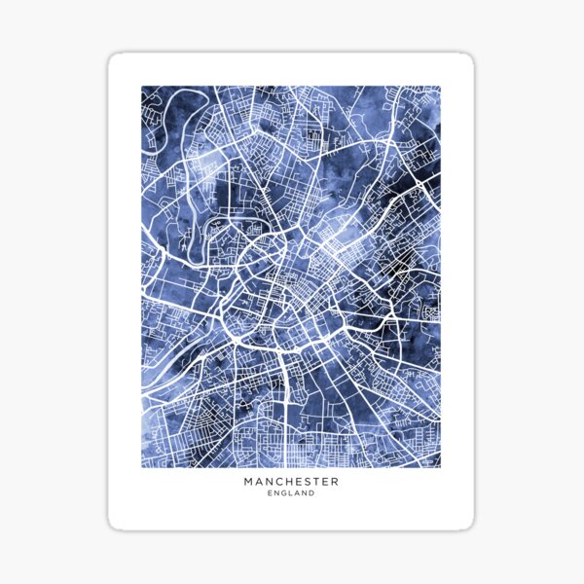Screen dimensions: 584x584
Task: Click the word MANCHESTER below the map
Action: (x=291, y=481)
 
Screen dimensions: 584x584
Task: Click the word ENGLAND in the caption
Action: (x=291, y=493)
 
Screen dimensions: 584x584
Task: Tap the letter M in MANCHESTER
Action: (x=250, y=481)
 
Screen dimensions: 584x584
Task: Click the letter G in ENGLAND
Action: (x=283, y=493)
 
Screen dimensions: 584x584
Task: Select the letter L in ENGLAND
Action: (x=291, y=493)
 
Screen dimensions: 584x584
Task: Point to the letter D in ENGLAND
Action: (x=313, y=493)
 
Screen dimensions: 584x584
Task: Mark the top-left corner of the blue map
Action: (x=142, y=87)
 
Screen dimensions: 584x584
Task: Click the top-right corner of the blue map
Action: (x=440, y=87)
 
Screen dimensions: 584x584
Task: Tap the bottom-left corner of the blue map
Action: (x=142, y=466)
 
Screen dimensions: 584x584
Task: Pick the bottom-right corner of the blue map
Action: (x=440, y=466)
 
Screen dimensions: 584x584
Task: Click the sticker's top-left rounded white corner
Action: (x=113, y=58)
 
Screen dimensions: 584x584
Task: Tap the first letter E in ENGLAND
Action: (x=269, y=493)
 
